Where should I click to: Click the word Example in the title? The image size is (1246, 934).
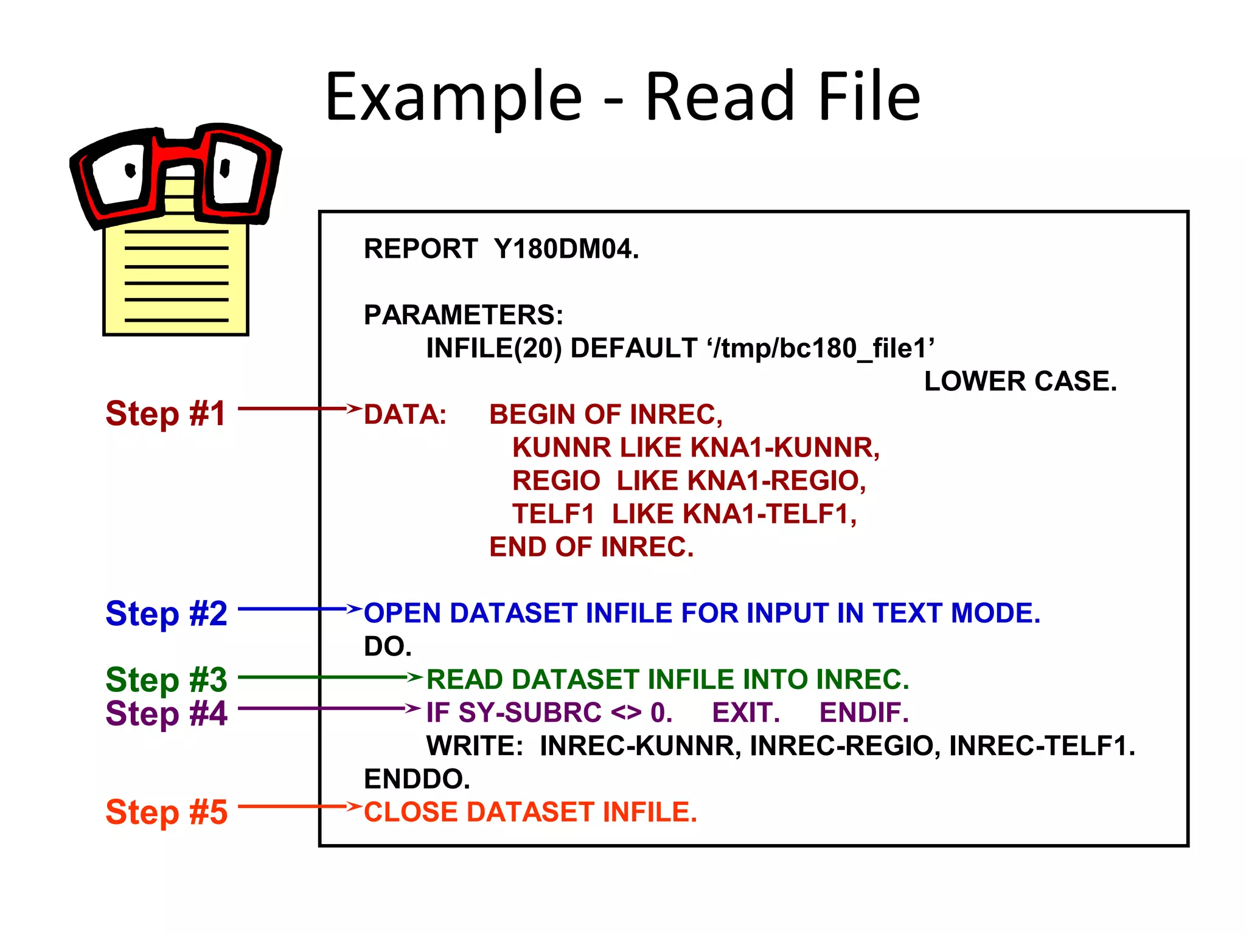[453, 97]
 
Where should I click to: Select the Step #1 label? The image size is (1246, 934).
[165, 413]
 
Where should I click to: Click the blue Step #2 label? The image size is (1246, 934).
[166, 613]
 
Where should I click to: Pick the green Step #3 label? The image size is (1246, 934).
[166, 679]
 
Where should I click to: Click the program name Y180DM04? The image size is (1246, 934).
[566, 249]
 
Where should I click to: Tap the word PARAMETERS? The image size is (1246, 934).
[463, 315]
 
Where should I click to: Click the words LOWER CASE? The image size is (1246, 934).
[1020, 381]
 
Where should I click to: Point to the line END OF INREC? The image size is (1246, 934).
[591, 547]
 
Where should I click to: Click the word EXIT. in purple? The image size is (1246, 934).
[745, 713]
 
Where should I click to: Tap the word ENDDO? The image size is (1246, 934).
[417, 779]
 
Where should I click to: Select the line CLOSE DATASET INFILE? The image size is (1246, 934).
[530, 812]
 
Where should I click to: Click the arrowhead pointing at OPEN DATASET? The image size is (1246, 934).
[354, 608]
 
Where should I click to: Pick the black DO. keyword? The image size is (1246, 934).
[388, 646]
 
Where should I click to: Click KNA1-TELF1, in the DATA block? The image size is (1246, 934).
[769, 514]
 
